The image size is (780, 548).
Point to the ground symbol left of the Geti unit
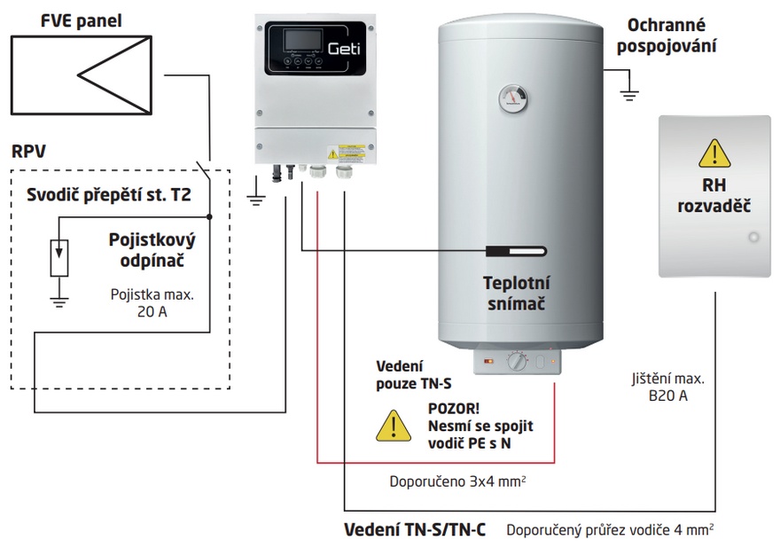coord(256,197)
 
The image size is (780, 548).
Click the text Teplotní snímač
coord(517,294)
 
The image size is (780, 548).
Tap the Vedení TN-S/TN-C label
coord(414,529)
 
